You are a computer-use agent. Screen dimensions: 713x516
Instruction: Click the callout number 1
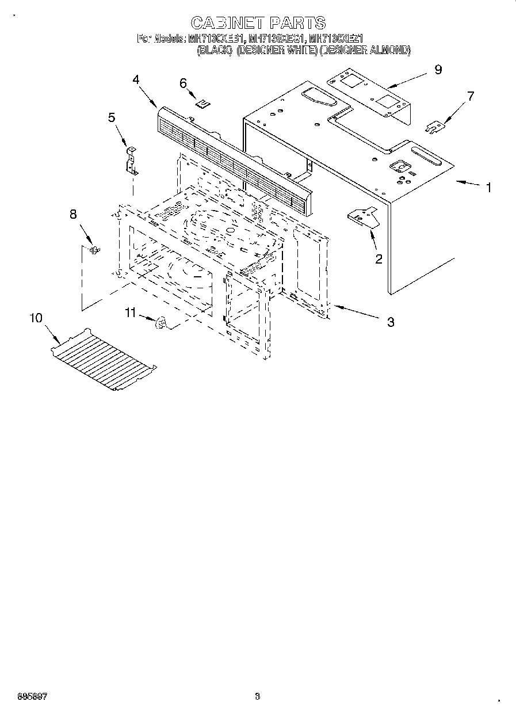(488, 188)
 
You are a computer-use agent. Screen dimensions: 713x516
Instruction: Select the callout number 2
(378, 259)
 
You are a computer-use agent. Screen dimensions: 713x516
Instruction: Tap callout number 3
(391, 322)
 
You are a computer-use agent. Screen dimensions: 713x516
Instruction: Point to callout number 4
(136, 80)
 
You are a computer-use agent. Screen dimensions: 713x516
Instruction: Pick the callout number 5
(112, 117)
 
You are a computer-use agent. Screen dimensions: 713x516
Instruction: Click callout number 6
(184, 83)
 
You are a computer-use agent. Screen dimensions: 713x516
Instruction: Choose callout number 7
(471, 96)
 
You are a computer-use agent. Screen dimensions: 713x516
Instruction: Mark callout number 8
(73, 214)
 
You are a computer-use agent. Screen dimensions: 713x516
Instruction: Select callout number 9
(438, 70)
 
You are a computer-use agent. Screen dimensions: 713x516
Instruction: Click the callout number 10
(36, 318)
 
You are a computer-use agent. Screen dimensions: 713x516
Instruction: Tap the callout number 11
(131, 312)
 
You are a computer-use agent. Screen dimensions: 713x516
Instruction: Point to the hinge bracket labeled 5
(132, 161)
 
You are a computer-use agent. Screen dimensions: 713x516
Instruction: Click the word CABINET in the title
(225, 23)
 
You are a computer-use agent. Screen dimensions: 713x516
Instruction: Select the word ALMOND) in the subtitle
(390, 51)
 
